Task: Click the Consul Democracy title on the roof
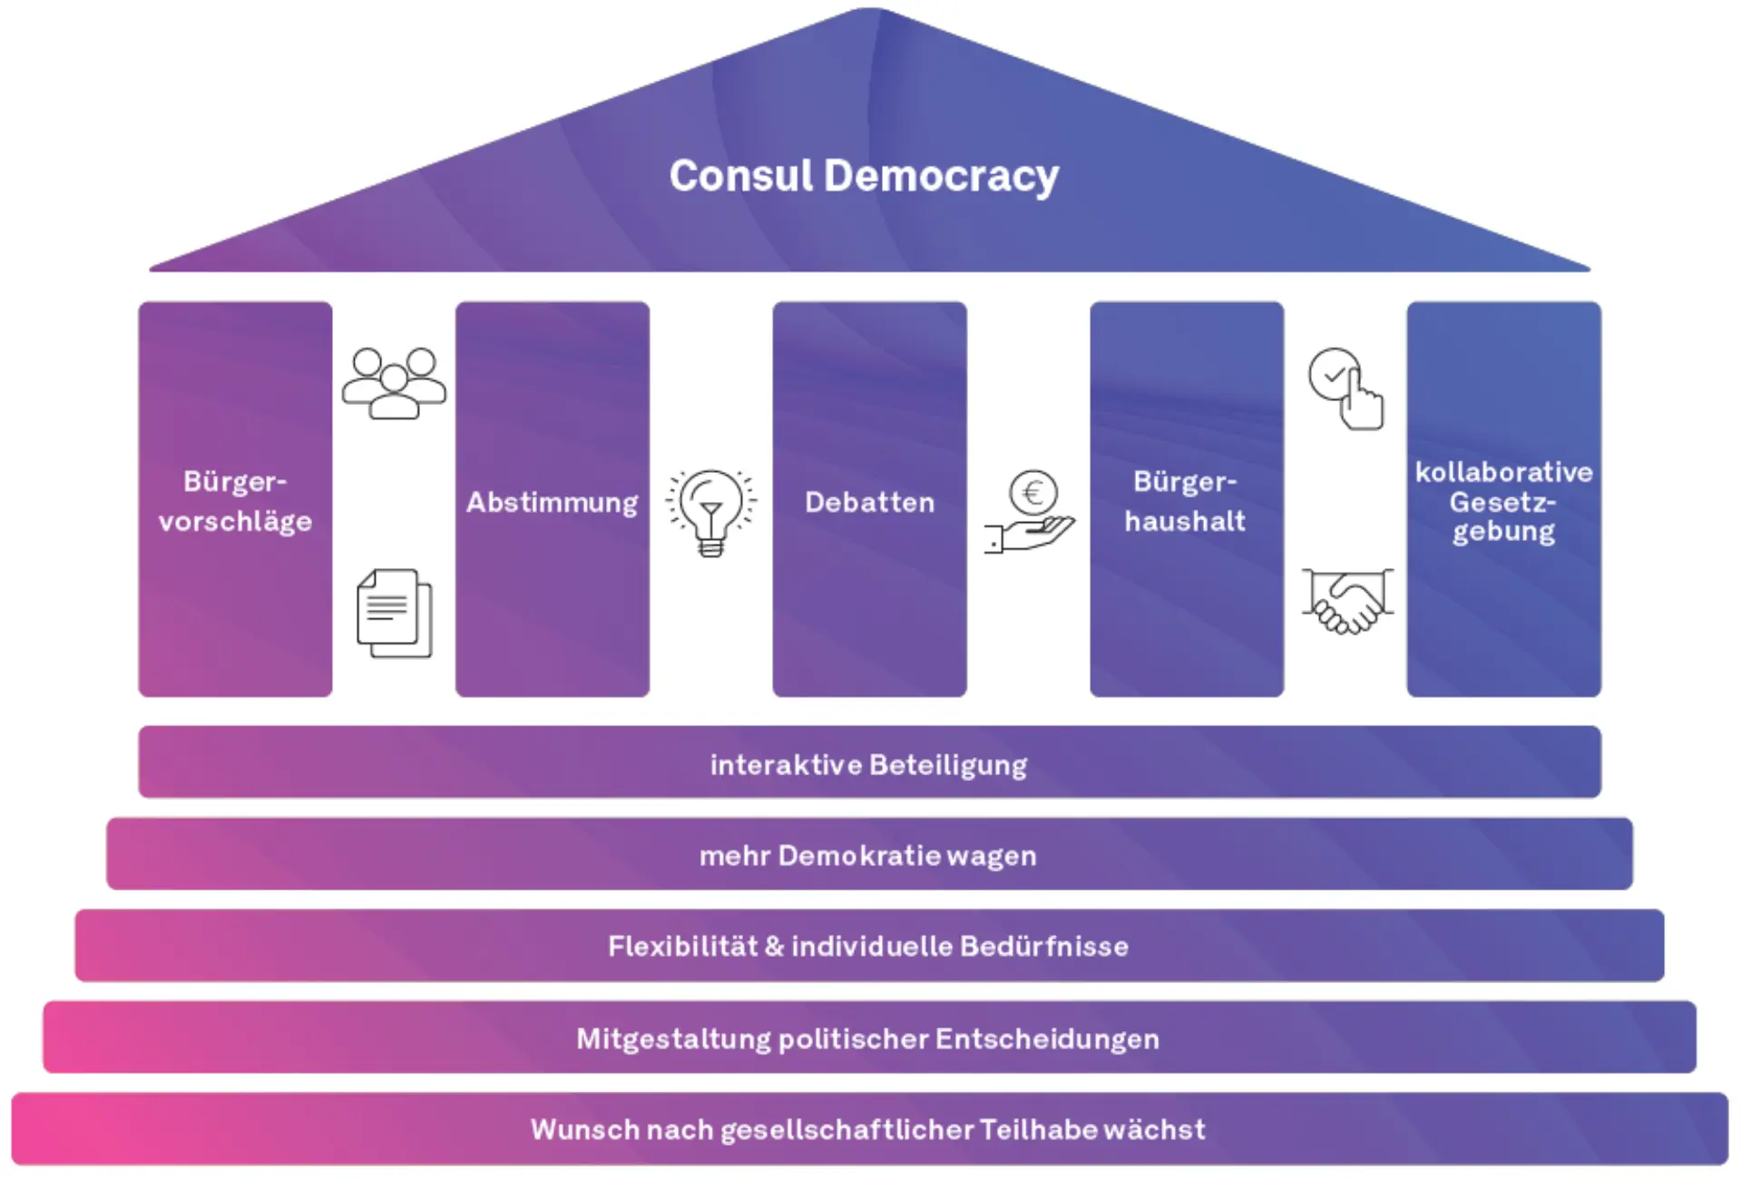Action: click(x=864, y=176)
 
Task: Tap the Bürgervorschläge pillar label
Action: click(x=235, y=501)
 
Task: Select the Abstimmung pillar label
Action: click(x=552, y=502)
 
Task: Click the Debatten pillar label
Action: click(x=869, y=502)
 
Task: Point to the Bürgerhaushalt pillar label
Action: click(x=1185, y=501)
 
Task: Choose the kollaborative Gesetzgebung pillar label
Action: click(x=1503, y=501)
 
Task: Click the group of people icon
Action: click(x=394, y=382)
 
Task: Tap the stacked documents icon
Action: click(x=394, y=614)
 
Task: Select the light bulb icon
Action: click(x=711, y=511)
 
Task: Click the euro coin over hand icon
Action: click(x=1030, y=513)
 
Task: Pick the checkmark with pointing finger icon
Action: click(x=1346, y=389)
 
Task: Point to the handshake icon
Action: click(x=1347, y=602)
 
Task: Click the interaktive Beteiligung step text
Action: click(x=868, y=764)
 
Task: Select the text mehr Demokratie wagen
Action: click(x=867, y=855)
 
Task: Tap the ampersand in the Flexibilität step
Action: click(x=774, y=946)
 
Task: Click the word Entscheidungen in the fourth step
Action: click(x=1047, y=1038)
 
